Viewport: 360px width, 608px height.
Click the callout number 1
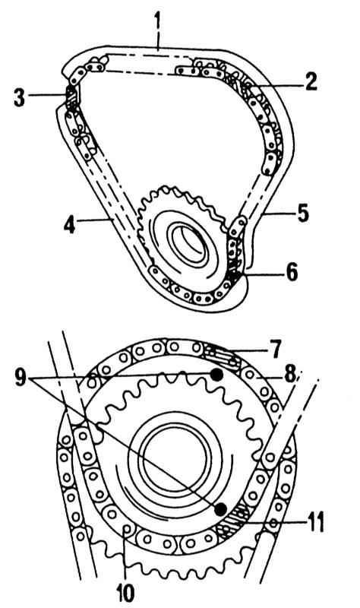pyautogui.click(x=157, y=24)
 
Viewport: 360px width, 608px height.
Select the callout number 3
pyautogui.click(x=19, y=97)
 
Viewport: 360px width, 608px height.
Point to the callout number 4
pyautogui.click(x=70, y=223)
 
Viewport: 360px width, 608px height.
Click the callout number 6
pyautogui.click(x=292, y=271)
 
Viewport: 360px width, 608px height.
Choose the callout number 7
pyautogui.click(x=276, y=350)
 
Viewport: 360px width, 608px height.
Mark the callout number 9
pyautogui.click(x=21, y=377)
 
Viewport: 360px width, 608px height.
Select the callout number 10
pyautogui.click(x=126, y=592)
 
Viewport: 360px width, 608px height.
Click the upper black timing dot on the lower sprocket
pyautogui.click(x=216, y=375)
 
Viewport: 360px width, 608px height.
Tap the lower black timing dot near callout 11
pyautogui.click(x=221, y=509)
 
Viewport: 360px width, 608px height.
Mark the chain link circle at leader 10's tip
pyautogui.click(x=126, y=529)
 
